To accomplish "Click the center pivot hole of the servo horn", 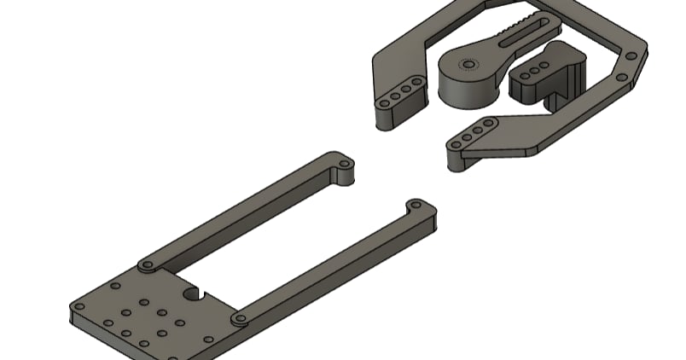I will (x=467, y=64).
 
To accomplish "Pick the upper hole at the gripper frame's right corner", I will (x=632, y=56).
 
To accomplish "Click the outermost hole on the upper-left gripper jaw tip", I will (x=384, y=102).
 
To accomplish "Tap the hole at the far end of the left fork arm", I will (x=344, y=162).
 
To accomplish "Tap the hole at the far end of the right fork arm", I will (x=415, y=206).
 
